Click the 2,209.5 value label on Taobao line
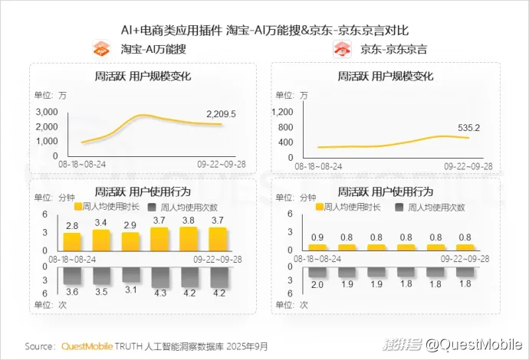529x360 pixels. tap(221, 114)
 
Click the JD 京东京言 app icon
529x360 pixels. tap(342, 51)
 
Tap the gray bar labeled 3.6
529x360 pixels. tap(72, 275)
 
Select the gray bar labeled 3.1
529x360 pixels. tap(130, 274)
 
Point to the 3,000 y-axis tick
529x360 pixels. tap(46, 112)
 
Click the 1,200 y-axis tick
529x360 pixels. tap(282, 112)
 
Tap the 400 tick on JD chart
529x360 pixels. tap(285, 142)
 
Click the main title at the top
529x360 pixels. tap(264, 30)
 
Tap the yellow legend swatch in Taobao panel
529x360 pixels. tap(77, 207)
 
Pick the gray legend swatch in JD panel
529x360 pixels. tap(399, 207)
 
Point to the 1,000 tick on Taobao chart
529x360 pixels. tap(46, 142)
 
